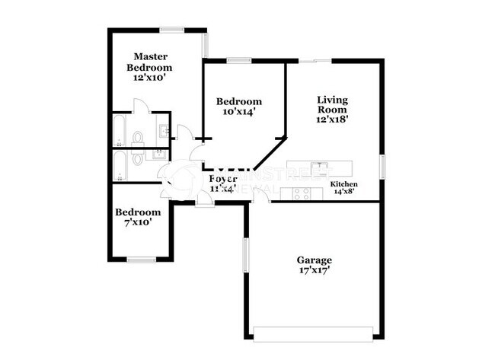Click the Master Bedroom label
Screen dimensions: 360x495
coord(151,62)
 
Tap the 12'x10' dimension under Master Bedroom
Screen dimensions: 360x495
coord(151,78)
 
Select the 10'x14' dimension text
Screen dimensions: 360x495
coord(239,112)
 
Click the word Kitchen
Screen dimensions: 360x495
coord(344,185)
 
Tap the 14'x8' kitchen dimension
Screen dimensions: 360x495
coord(344,193)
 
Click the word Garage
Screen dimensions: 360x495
coord(314,260)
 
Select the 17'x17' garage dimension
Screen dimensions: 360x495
coord(314,269)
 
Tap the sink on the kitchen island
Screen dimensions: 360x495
coord(323,166)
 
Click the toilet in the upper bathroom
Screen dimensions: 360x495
coord(138,137)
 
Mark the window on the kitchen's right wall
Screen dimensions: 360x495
coord(382,167)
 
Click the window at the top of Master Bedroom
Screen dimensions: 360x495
coord(172,30)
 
